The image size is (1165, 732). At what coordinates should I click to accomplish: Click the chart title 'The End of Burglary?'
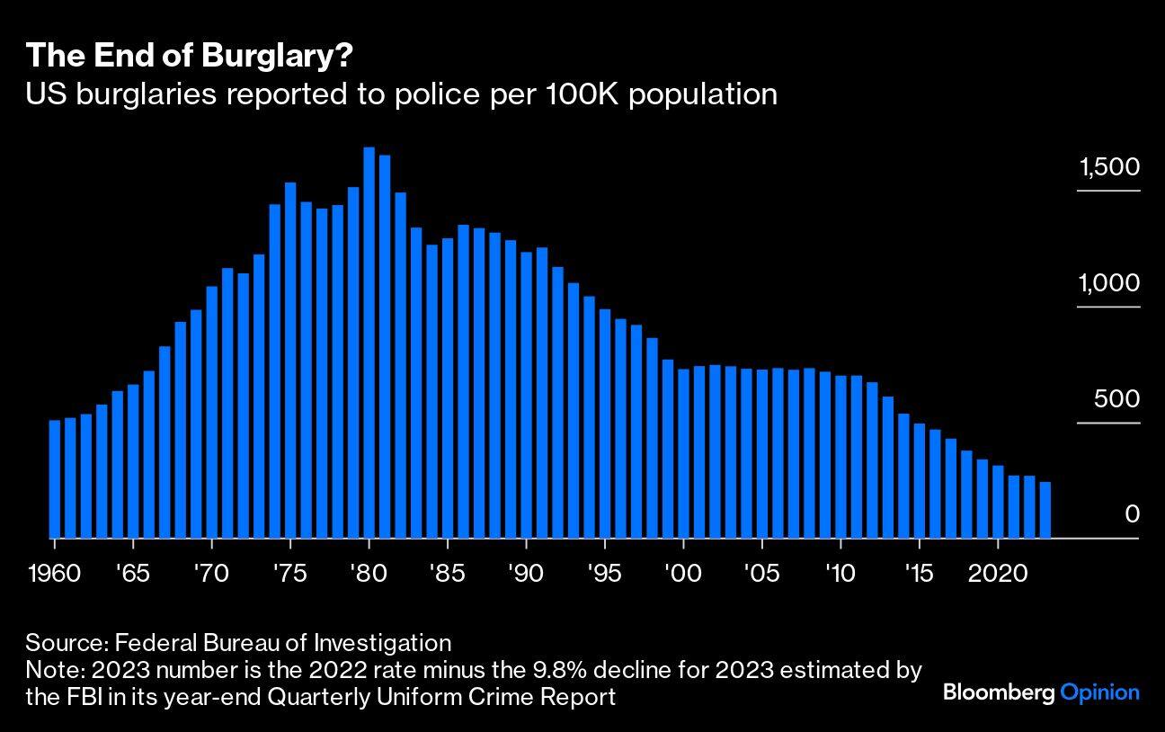tap(189, 56)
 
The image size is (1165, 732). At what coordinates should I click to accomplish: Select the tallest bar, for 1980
tap(369, 342)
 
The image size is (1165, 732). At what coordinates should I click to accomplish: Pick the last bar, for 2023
tap(1045, 510)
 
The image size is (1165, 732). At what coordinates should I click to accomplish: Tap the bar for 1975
tap(290, 360)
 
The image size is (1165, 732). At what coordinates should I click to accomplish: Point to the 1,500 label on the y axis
tap(1109, 167)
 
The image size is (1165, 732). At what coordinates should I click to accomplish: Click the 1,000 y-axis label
tap(1109, 283)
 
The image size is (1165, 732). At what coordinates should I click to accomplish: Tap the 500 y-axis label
tap(1116, 399)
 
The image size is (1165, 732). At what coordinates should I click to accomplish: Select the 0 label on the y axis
tap(1132, 514)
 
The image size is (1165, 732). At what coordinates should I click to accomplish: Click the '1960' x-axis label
tap(55, 573)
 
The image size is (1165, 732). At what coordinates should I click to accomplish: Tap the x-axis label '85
tap(448, 573)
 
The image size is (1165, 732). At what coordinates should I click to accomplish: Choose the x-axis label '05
tap(762, 573)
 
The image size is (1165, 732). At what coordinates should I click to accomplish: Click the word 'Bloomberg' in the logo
tap(999, 692)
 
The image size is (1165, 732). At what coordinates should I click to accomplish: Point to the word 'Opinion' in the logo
tap(1100, 692)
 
